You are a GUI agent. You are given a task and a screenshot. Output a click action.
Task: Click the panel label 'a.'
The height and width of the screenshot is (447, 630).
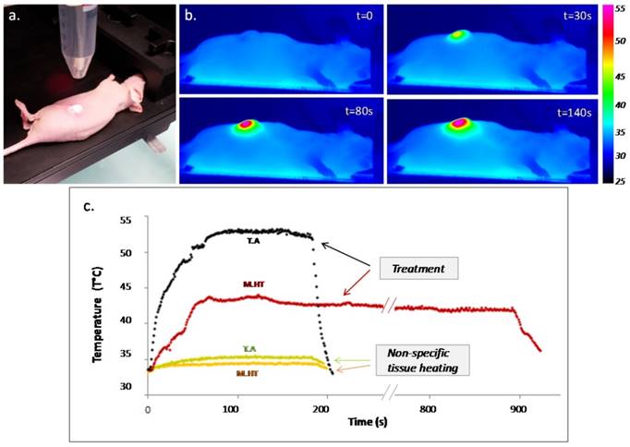[x=13, y=14]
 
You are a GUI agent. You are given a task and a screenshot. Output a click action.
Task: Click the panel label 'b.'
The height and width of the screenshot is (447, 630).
[x=189, y=16]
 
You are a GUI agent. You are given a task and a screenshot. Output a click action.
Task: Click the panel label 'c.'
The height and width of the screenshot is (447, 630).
[x=89, y=207]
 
